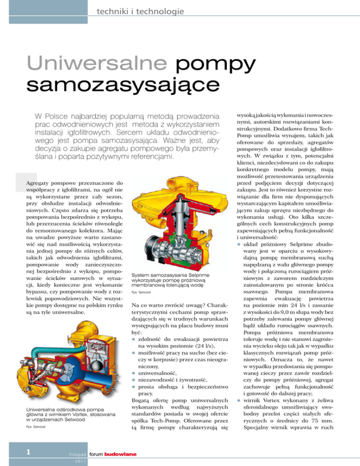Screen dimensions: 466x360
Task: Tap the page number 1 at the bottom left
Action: click(x=29, y=451)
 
